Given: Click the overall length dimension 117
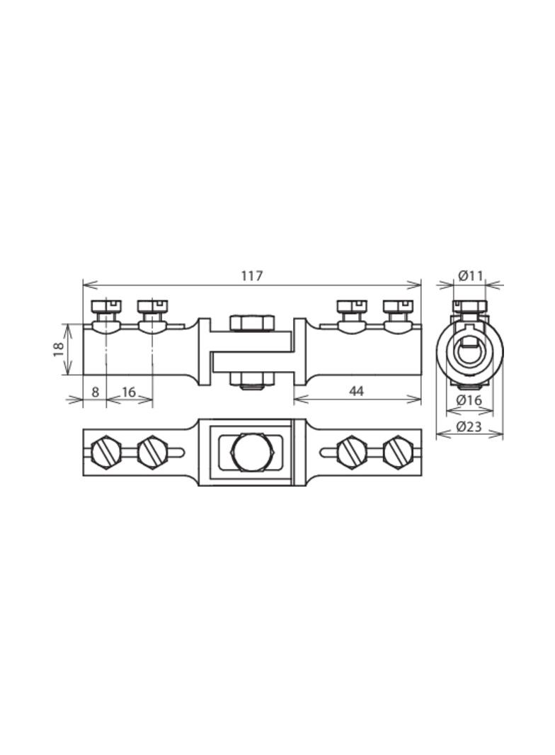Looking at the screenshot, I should click(x=251, y=276).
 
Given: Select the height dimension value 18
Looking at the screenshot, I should click(x=59, y=348).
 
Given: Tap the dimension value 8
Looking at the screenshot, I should click(x=94, y=391).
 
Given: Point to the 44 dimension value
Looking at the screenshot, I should click(x=356, y=390).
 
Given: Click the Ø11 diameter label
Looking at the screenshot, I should click(x=469, y=276).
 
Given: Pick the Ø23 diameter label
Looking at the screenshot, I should click(x=469, y=426).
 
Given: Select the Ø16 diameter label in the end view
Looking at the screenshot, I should click(x=469, y=400).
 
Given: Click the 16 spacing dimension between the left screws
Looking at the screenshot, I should click(x=129, y=391).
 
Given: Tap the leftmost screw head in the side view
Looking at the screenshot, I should click(x=106, y=306).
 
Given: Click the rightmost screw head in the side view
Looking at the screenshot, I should click(x=397, y=306).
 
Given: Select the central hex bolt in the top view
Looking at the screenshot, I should click(x=251, y=452).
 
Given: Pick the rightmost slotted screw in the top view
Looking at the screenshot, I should click(x=397, y=452).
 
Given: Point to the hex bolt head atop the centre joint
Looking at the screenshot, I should click(x=251, y=323).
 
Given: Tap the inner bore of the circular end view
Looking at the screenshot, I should click(x=469, y=350).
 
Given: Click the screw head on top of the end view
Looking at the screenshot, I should click(x=469, y=306).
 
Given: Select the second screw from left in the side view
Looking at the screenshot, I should click(x=151, y=306).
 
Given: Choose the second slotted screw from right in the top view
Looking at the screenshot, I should click(x=352, y=452).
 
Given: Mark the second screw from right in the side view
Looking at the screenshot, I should click(x=352, y=306).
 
